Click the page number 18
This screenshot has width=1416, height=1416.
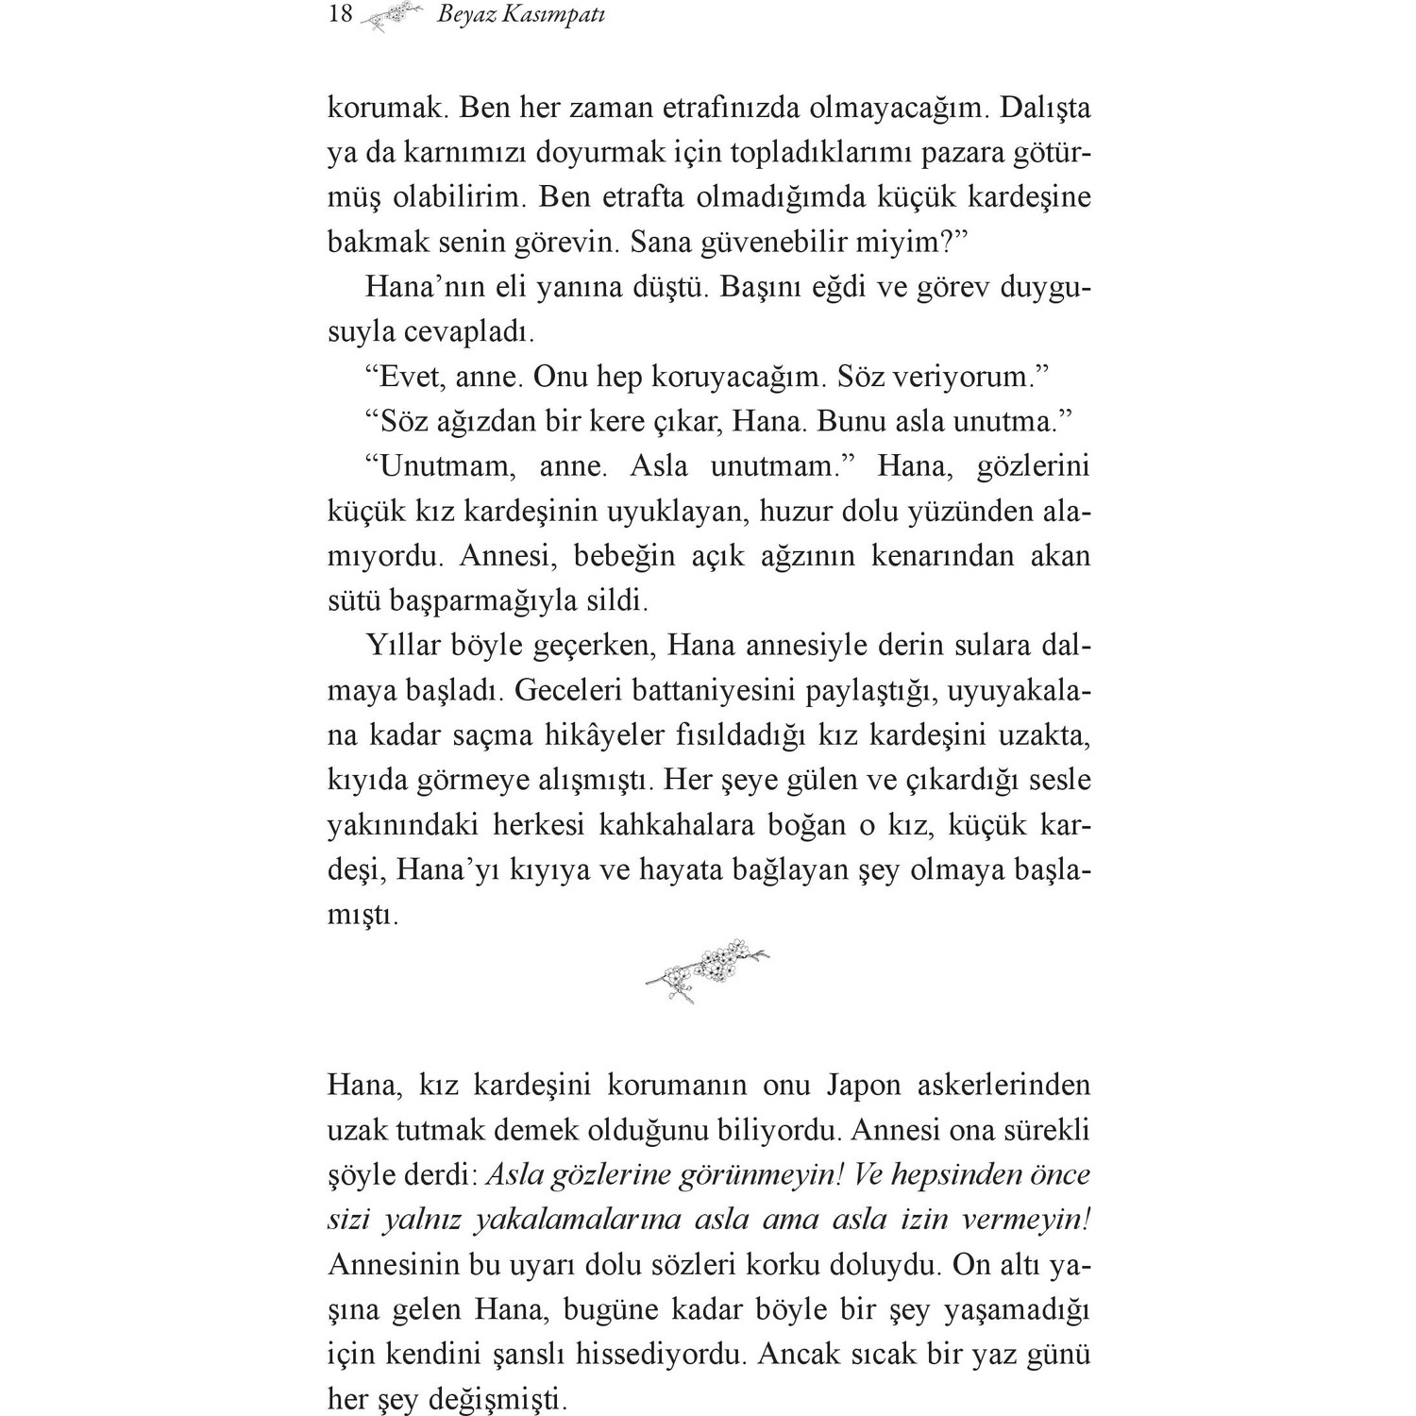click(340, 14)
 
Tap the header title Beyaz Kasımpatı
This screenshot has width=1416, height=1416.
click(521, 15)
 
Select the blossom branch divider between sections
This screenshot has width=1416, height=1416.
click(708, 970)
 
